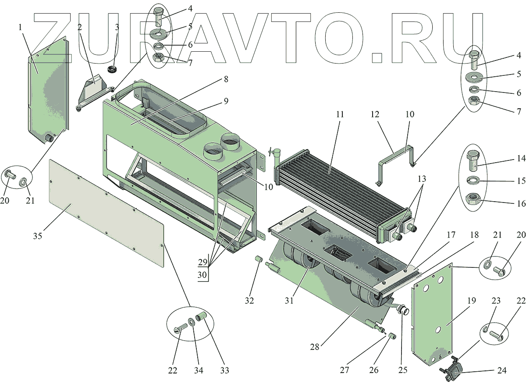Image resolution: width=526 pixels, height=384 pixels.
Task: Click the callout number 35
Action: pyautogui.click(x=37, y=236)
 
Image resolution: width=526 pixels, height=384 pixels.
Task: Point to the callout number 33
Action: pyautogui.click(x=225, y=371)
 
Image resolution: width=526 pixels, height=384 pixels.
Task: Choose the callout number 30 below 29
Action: pyautogui.click(x=202, y=274)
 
